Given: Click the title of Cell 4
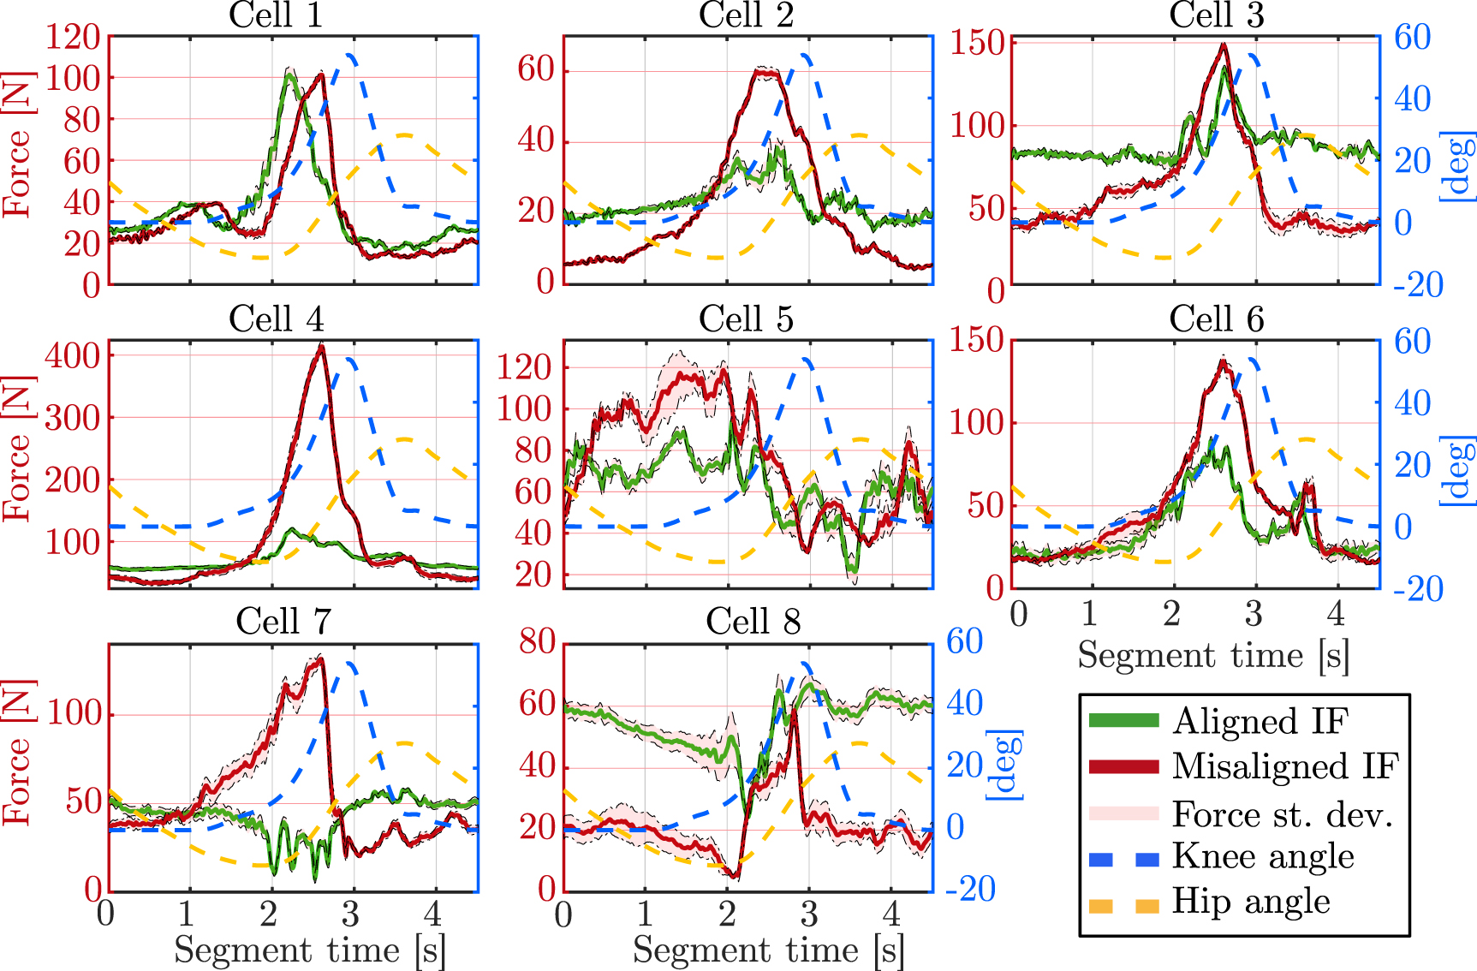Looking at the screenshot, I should (x=276, y=319).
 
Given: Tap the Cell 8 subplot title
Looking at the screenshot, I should (x=753, y=623).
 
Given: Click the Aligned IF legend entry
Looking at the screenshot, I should (x=1260, y=721).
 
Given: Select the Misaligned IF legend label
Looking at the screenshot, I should (x=1284, y=766).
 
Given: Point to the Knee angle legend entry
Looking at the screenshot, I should (x=1262, y=856).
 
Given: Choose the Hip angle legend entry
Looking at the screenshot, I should (x=1250, y=902).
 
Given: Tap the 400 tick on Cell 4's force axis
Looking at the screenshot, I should (x=73, y=354).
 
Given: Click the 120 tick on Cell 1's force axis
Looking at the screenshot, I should (x=73, y=38).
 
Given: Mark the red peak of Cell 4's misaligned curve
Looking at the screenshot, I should (x=321, y=346).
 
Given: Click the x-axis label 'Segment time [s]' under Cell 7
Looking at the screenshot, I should (x=309, y=950).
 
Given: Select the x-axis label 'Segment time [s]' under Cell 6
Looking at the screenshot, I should (x=1212, y=655).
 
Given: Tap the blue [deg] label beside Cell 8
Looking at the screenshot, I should (x=1006, y=765).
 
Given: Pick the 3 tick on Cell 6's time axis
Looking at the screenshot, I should (x=1254, y=614).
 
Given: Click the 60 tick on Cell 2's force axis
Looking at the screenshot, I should (x=536, y=69).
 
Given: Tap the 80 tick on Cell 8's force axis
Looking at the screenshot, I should (x=537, y=641).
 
